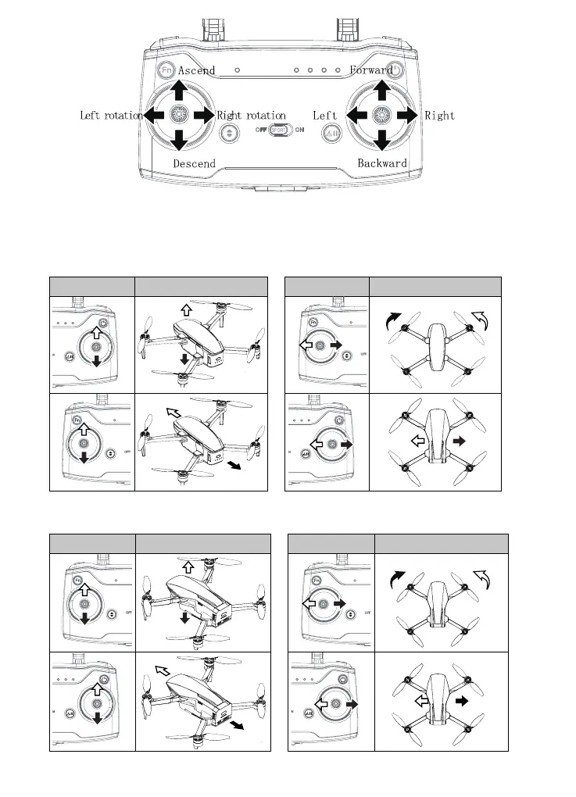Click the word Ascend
point(196,70)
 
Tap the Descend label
point(195,163)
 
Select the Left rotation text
point(112,116)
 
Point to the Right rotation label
point(252,116)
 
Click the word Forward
point(371,70)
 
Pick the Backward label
point(382,163)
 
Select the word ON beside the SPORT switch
point(300,130)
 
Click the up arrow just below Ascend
point(179,91)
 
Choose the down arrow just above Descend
point(179,140)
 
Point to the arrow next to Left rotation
point(155,116)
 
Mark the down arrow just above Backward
point(382,140)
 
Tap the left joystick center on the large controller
point(179,116)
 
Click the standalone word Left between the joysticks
point(325,116)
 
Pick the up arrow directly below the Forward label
point(382,90)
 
